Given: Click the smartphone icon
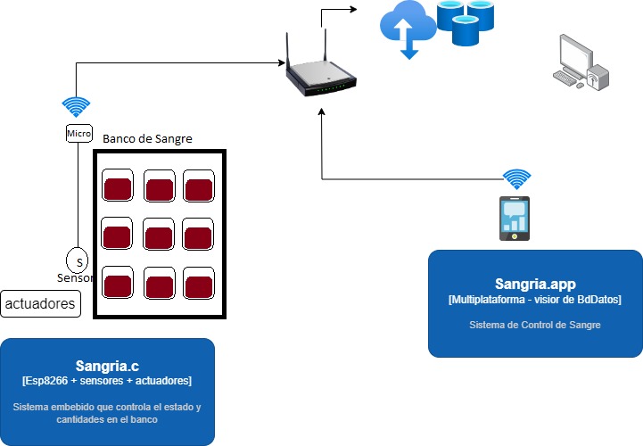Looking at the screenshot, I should (515, 219).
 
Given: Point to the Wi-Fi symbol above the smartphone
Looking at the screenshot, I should (515, 178).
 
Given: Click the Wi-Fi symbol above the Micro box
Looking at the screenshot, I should (77, 107).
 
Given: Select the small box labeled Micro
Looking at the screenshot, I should (78, 133).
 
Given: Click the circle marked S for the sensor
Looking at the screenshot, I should (78, 261).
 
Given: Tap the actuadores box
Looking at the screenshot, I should (40, 304).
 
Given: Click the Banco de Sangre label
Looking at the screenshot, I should (147, 139).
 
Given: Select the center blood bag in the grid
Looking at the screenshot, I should (159, 236).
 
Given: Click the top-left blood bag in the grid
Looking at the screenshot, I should (118, 187).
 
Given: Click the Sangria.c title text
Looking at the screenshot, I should (106, 366).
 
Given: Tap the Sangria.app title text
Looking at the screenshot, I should (534, 284).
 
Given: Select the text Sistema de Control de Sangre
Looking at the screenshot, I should (534, 325).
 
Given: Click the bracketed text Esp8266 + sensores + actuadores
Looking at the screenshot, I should (106, 381).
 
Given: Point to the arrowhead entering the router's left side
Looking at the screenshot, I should (279, 62).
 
